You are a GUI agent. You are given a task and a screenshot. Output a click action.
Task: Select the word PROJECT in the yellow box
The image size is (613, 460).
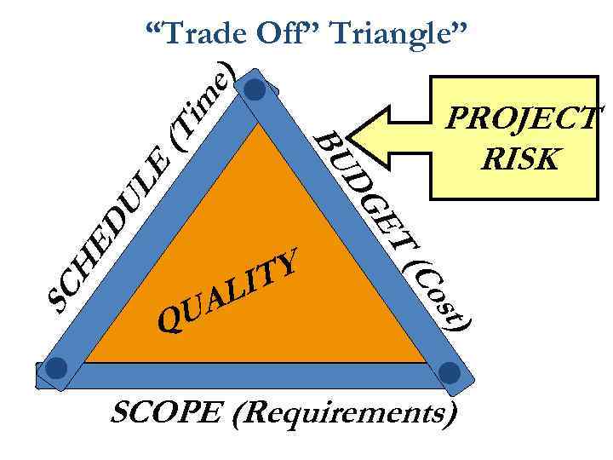click(521, 117)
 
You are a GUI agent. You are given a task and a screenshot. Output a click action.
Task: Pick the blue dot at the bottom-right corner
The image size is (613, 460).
click(450, 372)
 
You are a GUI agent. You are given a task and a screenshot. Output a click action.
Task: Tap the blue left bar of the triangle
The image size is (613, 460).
click(153, 230)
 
